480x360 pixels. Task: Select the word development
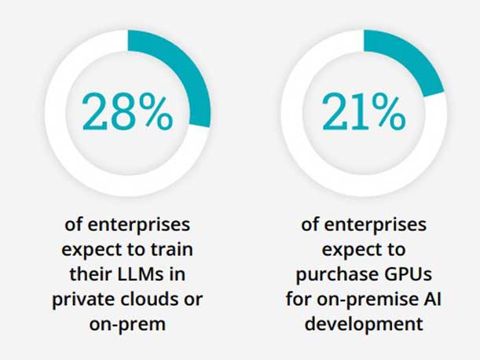(364, 324)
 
